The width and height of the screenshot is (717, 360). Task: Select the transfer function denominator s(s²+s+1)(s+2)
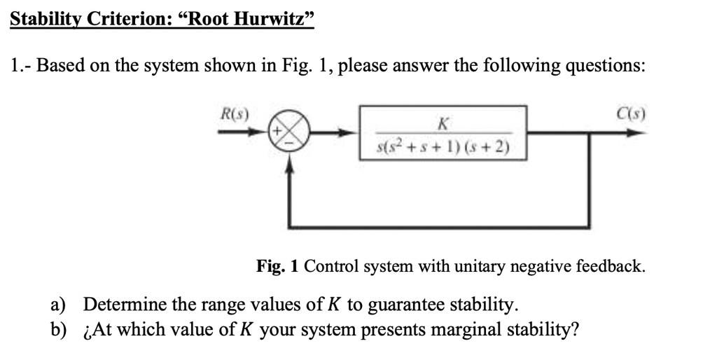point(443,148)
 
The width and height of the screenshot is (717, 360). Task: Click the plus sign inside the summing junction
point(277,131)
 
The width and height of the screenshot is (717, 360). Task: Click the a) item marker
point(58,305)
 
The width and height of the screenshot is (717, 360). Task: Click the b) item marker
point(58,328)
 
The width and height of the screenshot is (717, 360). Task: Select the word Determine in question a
point(124,305)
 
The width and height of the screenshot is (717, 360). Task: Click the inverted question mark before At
point(87,330)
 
